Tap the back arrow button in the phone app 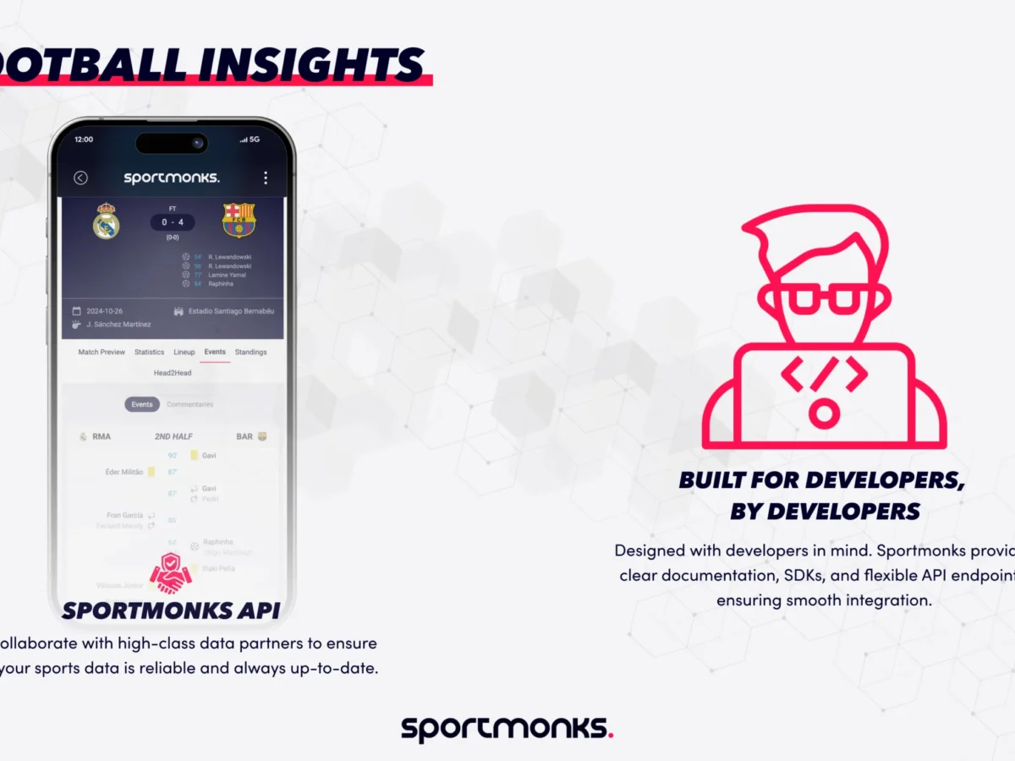click(80, 178)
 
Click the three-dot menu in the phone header click(266, 178)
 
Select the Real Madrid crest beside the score click(107, 221)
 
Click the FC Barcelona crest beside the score click(239, 220)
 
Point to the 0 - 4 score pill click(173, 222)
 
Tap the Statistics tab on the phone click(150, 352)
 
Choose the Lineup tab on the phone click(184, 352)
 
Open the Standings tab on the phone click(250, 352)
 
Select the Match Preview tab click(101, 352)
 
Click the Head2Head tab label click(173, 373)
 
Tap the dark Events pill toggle click(142, 404)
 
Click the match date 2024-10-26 click(104, 311)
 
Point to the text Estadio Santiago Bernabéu click(231, 311)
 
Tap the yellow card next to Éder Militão click(151, 472)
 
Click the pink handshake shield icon click(170, 573)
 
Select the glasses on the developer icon click(825, 298)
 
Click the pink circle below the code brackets click(824, 413)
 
